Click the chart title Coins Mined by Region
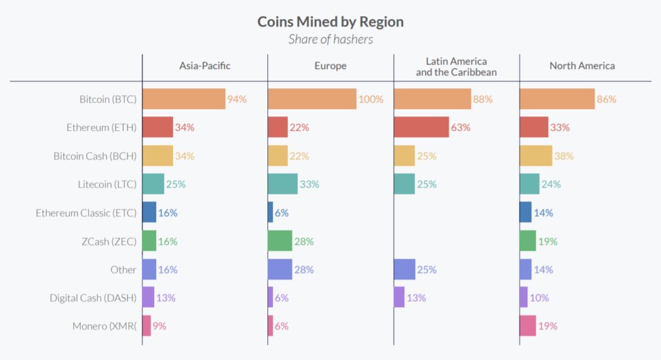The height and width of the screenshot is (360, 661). coord(330,21)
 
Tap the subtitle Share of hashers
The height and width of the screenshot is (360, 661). coord(330,39)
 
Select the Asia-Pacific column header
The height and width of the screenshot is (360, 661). coord(205,66)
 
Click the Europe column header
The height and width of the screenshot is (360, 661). coord(330,66)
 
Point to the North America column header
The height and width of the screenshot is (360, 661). coord(582,66)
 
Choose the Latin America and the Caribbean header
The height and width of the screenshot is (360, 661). coord(456,66)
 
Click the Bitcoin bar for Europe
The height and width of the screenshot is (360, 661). coord(312,99)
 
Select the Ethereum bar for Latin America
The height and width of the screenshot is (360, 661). coord(421,127)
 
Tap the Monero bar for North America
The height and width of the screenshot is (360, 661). coord(527,326)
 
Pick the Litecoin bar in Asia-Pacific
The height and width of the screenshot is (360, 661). coord(154,184)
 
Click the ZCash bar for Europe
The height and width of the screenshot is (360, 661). coord(280,241)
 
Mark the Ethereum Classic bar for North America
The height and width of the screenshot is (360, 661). coord(525,212)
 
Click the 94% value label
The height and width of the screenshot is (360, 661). coord(237,99)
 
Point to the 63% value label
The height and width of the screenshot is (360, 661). coord(461,128)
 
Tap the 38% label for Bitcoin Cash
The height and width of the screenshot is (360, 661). coord(564,156)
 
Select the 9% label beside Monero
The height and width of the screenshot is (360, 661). coord(159,326)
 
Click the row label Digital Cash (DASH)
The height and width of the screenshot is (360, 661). coord(94,298)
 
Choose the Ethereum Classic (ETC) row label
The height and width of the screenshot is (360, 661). coord(86,213)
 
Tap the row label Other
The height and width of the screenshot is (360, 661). coord(123,270)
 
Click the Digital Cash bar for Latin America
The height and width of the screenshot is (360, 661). coord(399,297)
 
